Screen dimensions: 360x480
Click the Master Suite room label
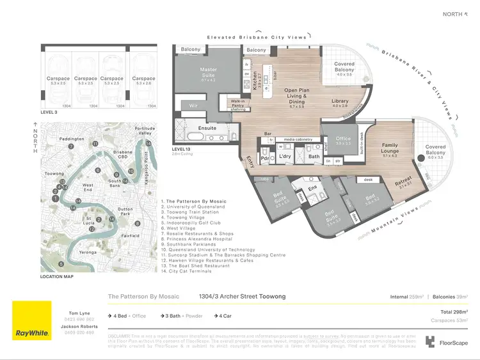click(x=208, y=72)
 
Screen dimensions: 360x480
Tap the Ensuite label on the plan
click(x=207, y=128)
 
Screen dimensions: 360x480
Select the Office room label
click(x=343, y=138)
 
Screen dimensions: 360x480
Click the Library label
click(x=340, y=101)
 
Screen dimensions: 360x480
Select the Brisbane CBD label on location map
click(x=123, y=155)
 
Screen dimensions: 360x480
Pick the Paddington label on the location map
click(x=72, y=138)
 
